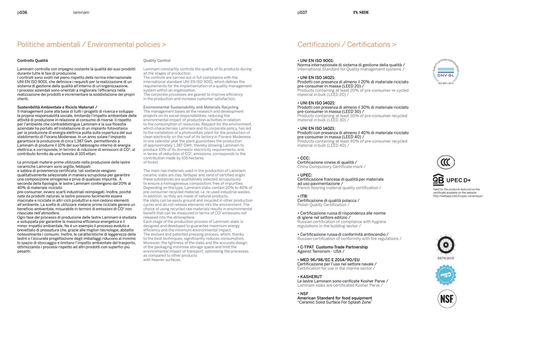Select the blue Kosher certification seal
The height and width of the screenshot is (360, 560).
(446, 275)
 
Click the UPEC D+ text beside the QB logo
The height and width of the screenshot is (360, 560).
(458, 180)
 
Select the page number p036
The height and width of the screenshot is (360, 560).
(22, 12)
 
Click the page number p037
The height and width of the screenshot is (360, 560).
(302, 12)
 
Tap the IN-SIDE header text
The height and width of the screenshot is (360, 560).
(361, 12)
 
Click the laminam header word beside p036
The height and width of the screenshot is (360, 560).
(81, 12)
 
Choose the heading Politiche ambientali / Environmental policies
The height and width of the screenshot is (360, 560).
(92, 44)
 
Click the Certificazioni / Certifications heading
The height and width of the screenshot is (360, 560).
(346, 44)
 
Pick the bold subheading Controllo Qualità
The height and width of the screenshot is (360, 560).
(33, 61)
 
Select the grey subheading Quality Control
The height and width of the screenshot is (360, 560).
(157, 61)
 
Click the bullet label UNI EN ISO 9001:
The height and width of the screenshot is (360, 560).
(316, 60)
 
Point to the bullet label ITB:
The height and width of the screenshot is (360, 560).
(304, 196)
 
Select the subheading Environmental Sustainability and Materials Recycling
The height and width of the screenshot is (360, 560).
(191, 107)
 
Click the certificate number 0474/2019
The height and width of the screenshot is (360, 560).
(446, 258)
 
